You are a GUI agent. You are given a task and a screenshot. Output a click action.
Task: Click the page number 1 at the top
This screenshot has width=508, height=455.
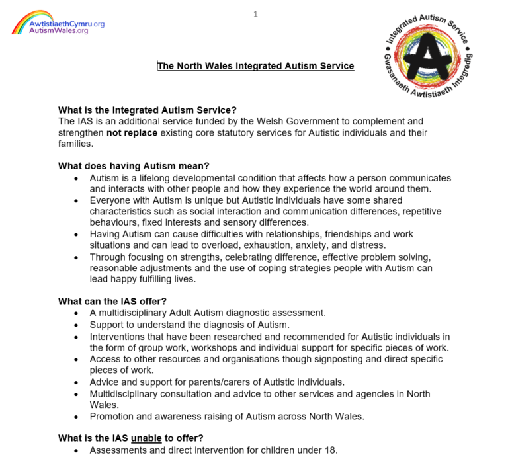(255, 14)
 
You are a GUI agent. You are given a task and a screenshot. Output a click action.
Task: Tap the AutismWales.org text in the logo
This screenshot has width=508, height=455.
(58, 31)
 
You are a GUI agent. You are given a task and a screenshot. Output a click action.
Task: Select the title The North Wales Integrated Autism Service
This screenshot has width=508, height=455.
(255, 66)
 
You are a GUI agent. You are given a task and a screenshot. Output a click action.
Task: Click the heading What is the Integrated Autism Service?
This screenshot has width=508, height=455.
(147, 110)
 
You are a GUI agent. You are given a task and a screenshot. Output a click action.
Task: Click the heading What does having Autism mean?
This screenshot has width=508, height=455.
(138, 167)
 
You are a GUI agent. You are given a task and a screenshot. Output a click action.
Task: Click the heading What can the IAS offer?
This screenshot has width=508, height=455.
(112, 302)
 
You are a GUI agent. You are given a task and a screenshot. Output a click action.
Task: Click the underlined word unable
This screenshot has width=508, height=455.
(146, 438)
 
